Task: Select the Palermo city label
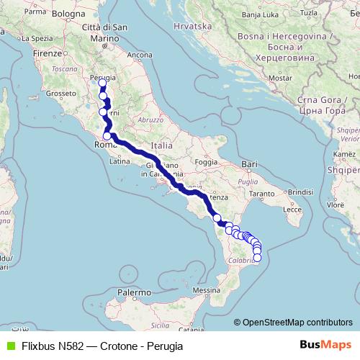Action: coord(135,293)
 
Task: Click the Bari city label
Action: coord(250,165)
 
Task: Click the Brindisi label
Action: coord(302,193)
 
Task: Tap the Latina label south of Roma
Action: coord(119,162)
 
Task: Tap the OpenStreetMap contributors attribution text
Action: coord(297,322)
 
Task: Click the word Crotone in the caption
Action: coord(118,346)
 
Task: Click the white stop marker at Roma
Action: coord(107,135)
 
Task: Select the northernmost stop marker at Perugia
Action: coord(102,83)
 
